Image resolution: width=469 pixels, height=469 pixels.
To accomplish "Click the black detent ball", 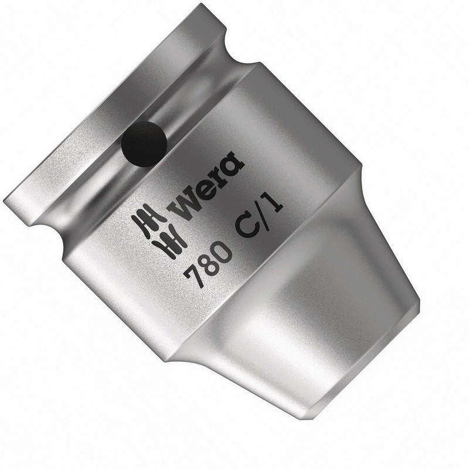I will pos(144,141).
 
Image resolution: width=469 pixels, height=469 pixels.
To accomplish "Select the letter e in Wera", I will pos(205,190).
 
